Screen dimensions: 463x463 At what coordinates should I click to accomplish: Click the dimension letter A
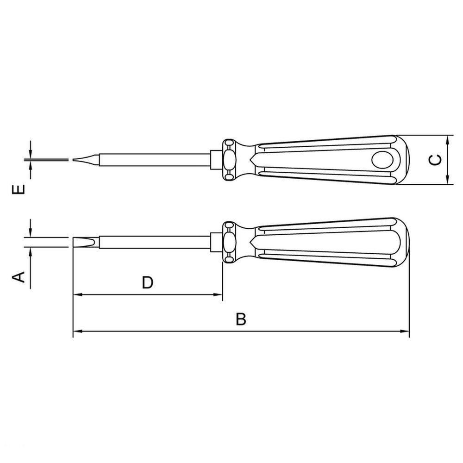pyautogui.click(x=19, y=277)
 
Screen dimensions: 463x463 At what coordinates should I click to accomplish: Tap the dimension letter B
pyautogui.click(x=241, y=319)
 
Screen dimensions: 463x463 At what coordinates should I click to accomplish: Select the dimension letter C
pyautogui.click(x=436, y=160)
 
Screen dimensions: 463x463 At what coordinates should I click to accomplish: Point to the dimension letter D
pyautogui.click(x=148, y=282)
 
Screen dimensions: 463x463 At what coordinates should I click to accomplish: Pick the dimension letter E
pyautogui.click(x=19, y=189)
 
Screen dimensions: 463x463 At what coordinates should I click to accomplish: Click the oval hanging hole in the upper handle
pyautogui.click(x=382, y=160)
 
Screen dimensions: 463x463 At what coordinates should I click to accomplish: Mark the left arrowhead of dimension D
pyautogui.click(x=77, y=294)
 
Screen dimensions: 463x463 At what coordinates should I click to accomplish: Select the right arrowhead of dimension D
pyautogui.click(x=218, y=294)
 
